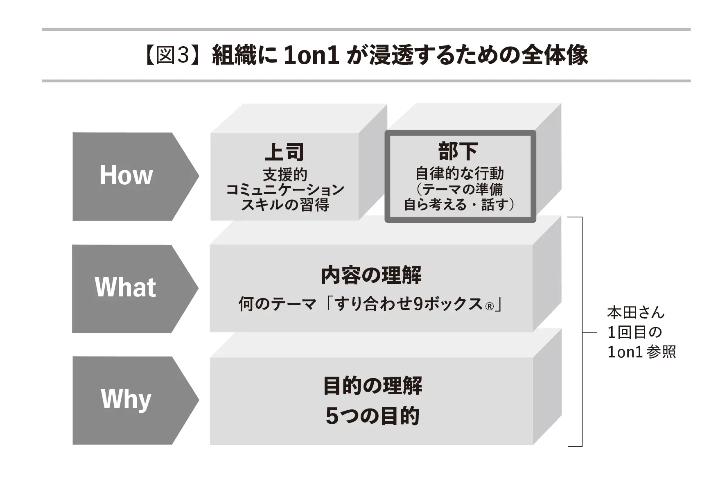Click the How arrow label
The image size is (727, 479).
126,176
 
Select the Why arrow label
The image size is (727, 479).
126,399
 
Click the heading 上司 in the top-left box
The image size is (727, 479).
284,152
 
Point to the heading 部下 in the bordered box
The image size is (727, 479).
458,151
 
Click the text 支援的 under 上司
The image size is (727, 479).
284,175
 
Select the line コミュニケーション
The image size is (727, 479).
285,190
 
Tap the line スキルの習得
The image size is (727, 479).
285,204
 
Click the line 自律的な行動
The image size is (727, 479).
459,174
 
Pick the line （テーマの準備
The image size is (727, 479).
459,189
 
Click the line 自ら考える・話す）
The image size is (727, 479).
459,204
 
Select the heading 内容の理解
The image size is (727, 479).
371,275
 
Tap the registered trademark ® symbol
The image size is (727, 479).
489,306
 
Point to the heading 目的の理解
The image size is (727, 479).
372,386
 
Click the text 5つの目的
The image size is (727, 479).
372,416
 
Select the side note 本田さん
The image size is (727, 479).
635,313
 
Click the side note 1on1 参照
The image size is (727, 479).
641,352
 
